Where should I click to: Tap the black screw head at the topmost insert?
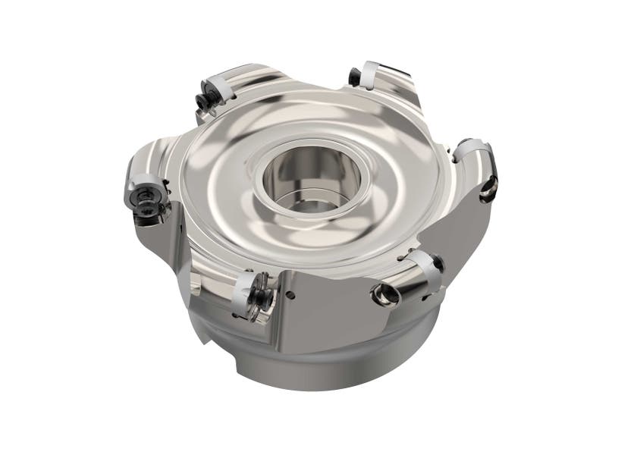(x=354, y=77)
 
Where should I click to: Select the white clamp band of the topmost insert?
(x=369, y=74)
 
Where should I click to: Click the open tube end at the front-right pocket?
(x=385, y=293)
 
